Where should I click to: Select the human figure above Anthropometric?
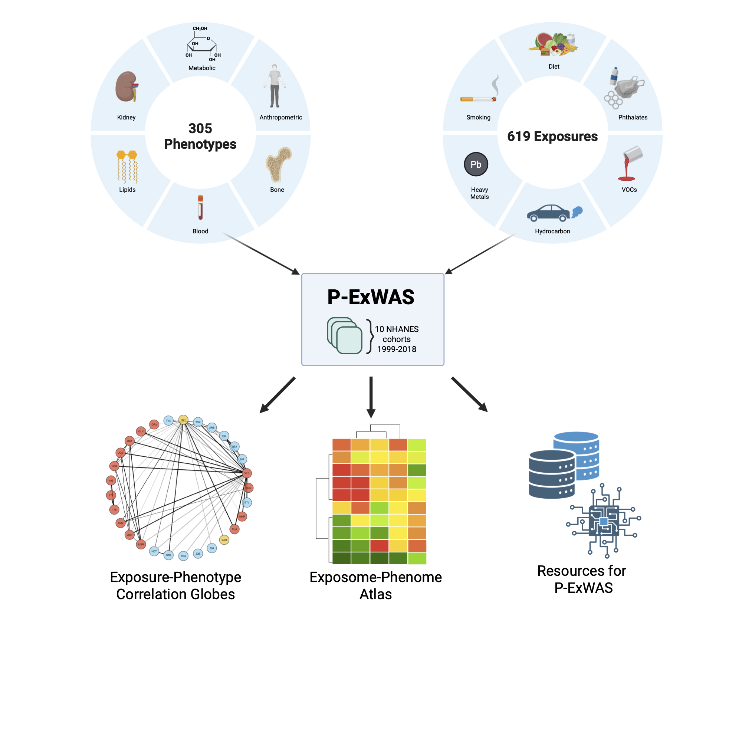274,86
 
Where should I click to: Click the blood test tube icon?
200,207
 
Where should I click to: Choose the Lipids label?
127,190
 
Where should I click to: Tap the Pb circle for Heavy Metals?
476,164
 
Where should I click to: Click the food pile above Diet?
553,45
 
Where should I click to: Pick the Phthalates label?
633,118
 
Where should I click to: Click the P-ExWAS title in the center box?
371,297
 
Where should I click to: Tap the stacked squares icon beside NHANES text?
345,335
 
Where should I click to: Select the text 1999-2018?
396,349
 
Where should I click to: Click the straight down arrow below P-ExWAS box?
371,397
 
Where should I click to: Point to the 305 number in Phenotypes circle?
200,128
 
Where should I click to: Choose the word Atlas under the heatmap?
375,594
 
